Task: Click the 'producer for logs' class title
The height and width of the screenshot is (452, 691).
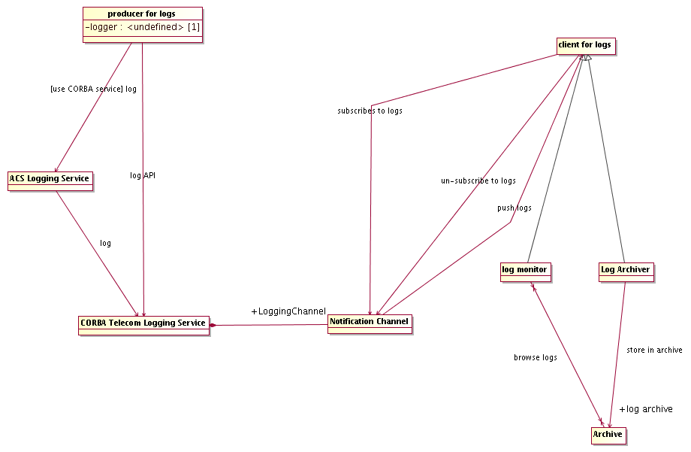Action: click(x=142, y=14)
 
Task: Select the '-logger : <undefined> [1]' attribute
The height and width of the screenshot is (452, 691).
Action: click(x=142, y=28)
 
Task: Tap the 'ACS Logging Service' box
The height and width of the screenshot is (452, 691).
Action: click(x=50, y=179)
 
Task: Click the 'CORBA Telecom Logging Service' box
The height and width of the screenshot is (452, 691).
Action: click(x=143, y=324)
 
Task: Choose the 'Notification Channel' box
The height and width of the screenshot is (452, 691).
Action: click(x=370, y=323)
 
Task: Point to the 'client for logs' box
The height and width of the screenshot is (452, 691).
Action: click(x=585, y=45)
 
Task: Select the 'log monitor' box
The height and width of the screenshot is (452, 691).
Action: click(x=525, y=270)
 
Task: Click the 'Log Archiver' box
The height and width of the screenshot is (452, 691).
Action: click(x=626, y=270)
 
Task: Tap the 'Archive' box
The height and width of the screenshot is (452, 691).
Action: click(x=608, y=435)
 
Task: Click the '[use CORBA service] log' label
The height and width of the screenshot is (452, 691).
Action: click(x=93, y=89)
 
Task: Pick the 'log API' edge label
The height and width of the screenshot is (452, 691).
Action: click(x=143, y=175)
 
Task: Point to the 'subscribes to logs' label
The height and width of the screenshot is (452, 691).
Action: click(x=370, y=111)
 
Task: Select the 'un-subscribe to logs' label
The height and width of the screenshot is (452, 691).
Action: click(x=478, y=180)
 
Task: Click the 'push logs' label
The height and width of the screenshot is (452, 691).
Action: click(x=514, y=208)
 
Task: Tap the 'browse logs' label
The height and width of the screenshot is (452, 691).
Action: click(x=536, y=357)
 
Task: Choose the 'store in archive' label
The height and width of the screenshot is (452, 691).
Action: click(x=654, y=350)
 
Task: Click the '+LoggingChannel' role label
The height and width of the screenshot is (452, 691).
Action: click(x=288, y=311)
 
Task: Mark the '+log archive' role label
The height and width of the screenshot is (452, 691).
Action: click(x=645, y=409)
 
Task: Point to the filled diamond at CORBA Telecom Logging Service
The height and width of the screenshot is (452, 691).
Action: click(x=213, y=325)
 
